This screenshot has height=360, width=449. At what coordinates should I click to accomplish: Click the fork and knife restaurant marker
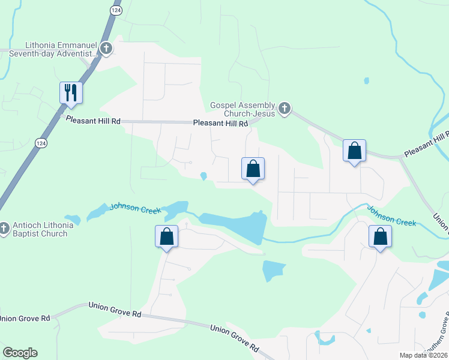71,92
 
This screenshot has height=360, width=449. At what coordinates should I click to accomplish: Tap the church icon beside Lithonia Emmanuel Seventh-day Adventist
106,49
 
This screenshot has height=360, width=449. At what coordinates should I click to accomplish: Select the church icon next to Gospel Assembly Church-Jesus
285,109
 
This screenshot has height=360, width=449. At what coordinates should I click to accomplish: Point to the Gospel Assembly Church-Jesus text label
243,109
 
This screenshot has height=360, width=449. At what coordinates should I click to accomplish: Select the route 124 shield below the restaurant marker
40,143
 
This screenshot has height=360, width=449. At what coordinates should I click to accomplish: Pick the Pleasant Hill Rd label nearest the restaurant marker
93,121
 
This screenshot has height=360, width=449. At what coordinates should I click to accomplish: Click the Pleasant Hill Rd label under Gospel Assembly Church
220,124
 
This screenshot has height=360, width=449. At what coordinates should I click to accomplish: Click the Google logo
20,353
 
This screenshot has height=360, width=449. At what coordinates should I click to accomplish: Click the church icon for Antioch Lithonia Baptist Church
4,229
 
